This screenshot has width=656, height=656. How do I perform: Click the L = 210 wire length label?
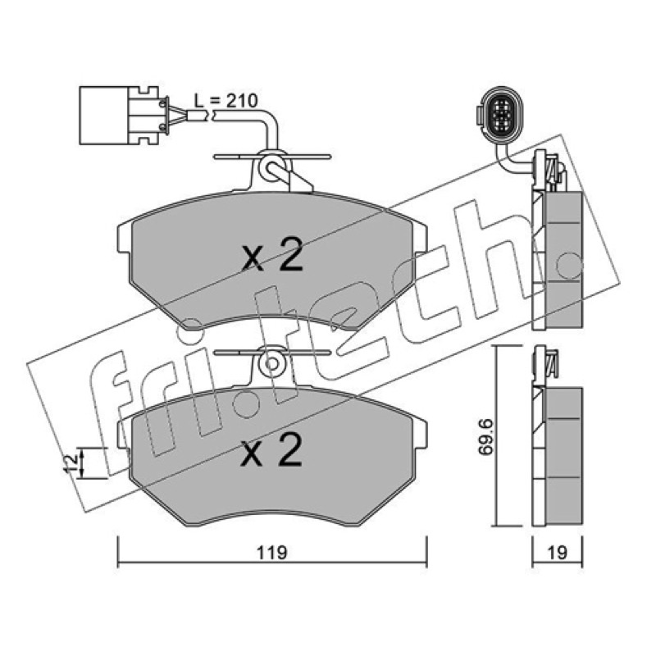tap(226, 101)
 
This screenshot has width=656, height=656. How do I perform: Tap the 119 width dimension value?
tap(272, 553)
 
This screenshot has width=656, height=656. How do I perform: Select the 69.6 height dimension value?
tap(487, 437)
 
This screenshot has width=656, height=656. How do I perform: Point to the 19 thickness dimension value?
tap(558, 553)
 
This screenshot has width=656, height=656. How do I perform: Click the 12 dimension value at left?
tap(71, 462)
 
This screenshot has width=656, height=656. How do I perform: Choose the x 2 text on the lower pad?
tap(271, 449)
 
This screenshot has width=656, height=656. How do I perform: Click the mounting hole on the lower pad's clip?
tap(271, 363)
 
